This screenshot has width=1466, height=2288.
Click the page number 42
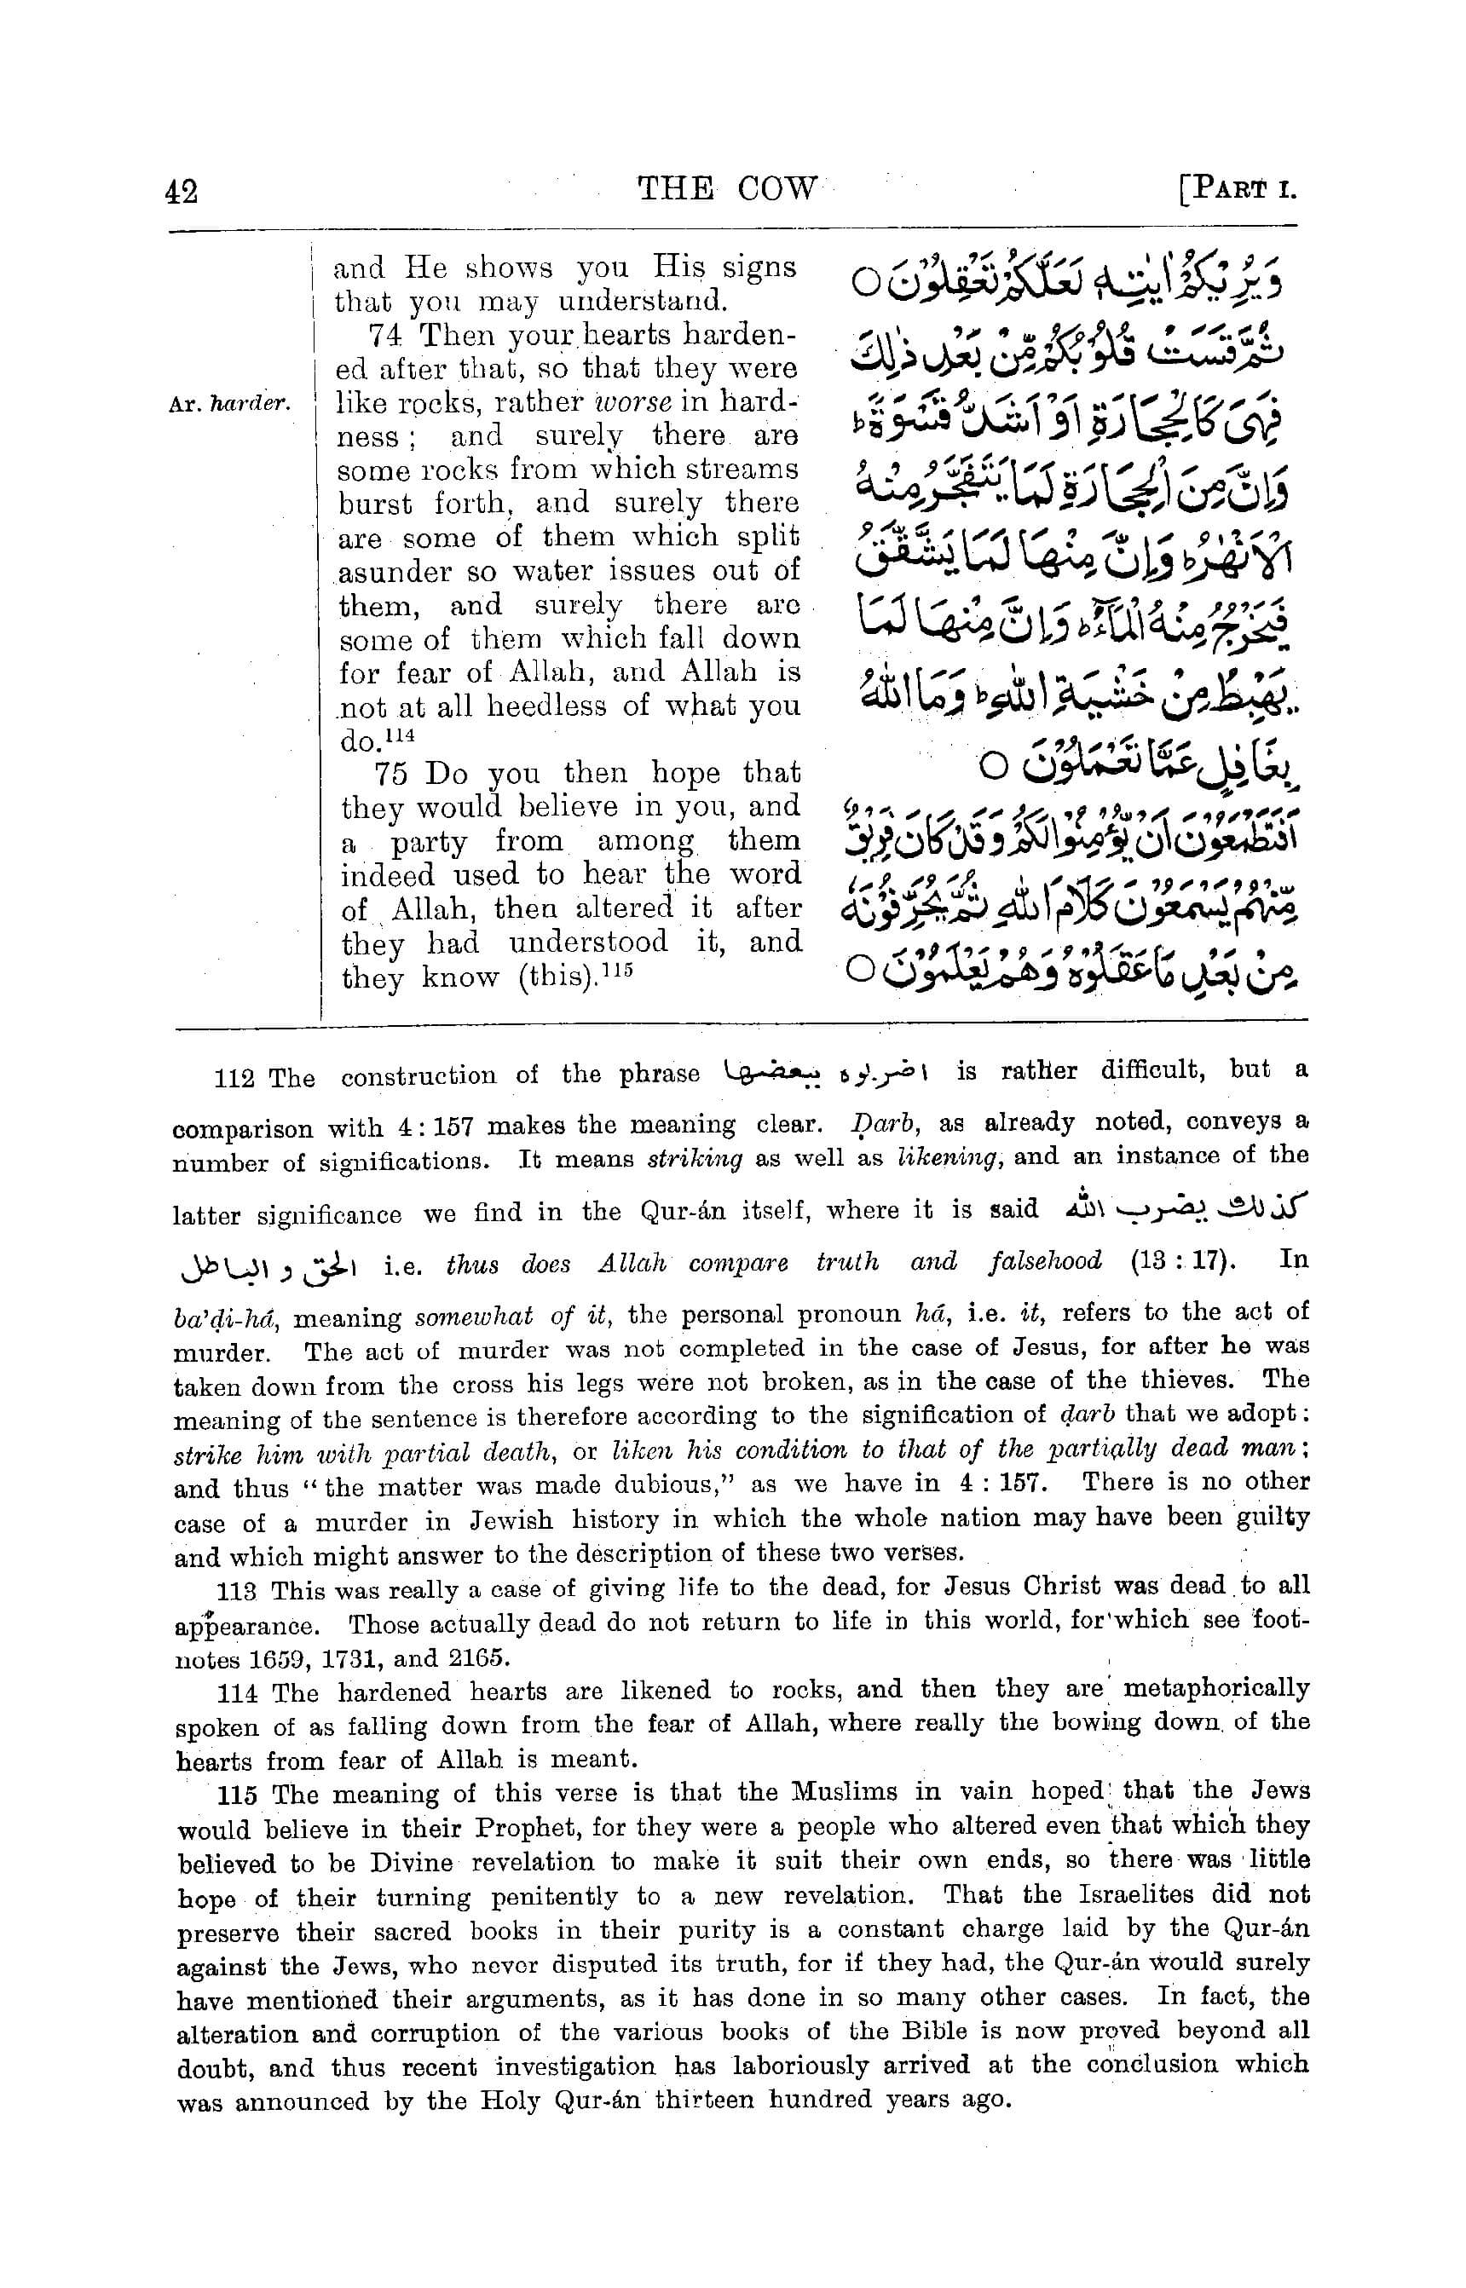[x=182, y=191]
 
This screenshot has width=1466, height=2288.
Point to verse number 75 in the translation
[x=390, y=773]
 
